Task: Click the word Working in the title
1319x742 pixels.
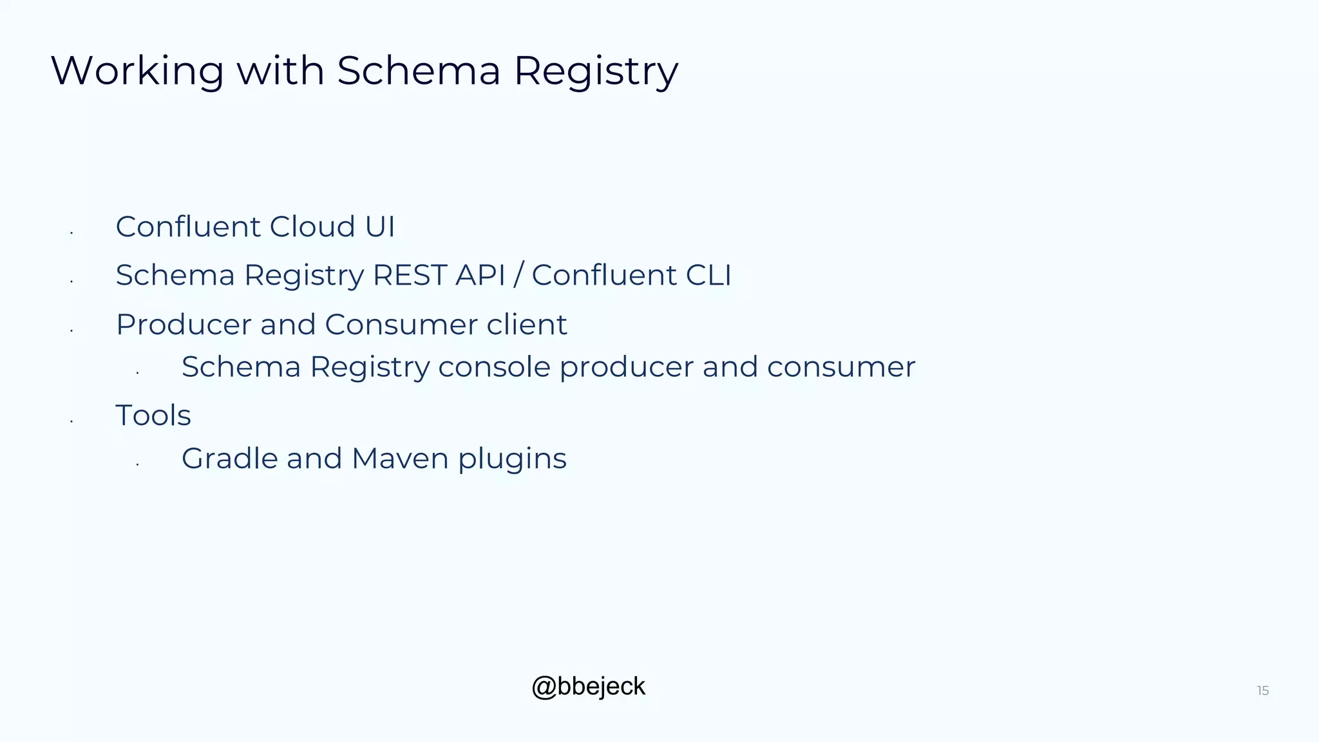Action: point(137,71)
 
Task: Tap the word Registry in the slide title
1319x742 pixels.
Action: point(596,71)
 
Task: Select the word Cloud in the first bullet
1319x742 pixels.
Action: point(312,227)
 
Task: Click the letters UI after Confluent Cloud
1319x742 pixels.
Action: point(380,227)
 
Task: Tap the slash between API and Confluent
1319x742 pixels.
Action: point(518,276)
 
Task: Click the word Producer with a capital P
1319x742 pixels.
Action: point(184,325)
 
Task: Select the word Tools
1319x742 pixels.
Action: point(153,415)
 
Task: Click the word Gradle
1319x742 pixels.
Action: point(230,459)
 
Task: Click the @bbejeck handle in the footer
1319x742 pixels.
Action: point(588,687)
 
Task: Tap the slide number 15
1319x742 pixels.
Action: point(1262,691)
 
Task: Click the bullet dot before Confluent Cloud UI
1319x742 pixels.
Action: point(71,233)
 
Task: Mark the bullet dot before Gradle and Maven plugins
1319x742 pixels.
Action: point(137,464)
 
